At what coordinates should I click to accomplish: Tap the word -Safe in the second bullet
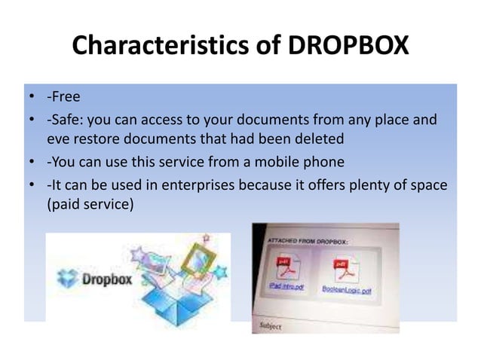click(x=63, y=121)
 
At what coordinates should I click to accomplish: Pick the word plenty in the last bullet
click(x=371, y=185)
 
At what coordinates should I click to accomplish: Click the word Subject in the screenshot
click(x=271, y=326)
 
